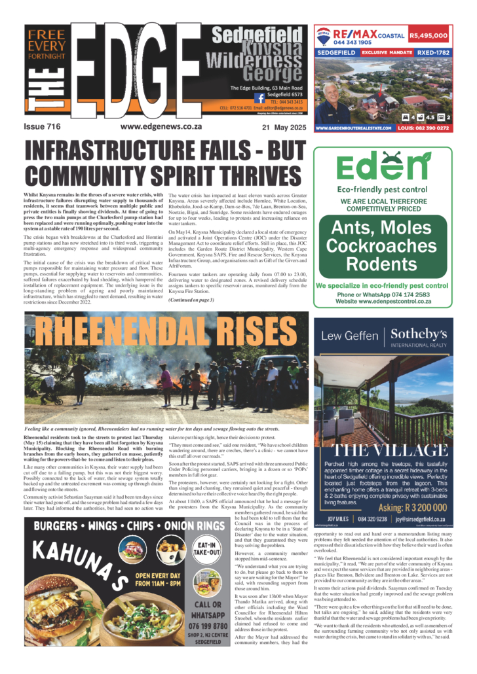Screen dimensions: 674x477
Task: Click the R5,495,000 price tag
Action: (429, 37)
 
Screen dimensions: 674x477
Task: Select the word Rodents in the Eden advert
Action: (382, 264)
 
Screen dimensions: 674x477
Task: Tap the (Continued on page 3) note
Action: (191, 300)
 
